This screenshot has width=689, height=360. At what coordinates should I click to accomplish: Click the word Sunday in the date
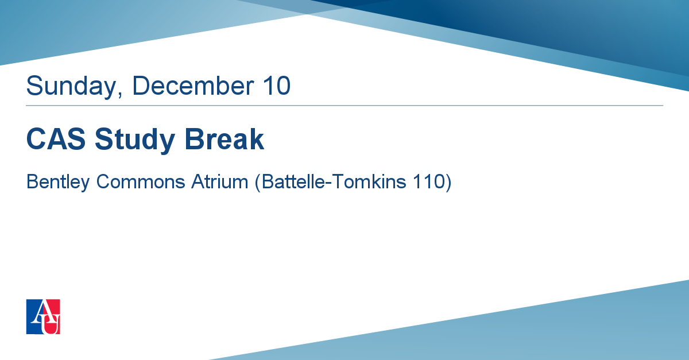click(71, 87)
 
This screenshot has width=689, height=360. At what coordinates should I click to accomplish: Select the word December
click(193, 85)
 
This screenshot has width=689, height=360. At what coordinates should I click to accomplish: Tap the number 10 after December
click(277, 85)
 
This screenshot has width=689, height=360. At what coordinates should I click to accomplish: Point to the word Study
click(135, 140)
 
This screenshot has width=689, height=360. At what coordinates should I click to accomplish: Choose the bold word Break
click(224, 139)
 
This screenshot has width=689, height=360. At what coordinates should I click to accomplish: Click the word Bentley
click(58, 182)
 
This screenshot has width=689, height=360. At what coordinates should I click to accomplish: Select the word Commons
click(141, 181)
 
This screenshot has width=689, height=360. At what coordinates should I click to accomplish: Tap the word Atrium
click(219, 181)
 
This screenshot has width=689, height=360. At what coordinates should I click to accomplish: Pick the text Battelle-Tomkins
click(334, 181)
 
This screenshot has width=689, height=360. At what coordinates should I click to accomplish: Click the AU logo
click(43, 316)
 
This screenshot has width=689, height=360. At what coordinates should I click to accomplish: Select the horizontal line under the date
click(344, 106)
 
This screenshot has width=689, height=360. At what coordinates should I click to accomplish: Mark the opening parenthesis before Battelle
click(258, 183)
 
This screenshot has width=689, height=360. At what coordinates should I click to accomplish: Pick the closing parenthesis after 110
click(448, 183)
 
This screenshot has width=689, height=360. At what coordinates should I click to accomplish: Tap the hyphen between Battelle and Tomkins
click(328, 183)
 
